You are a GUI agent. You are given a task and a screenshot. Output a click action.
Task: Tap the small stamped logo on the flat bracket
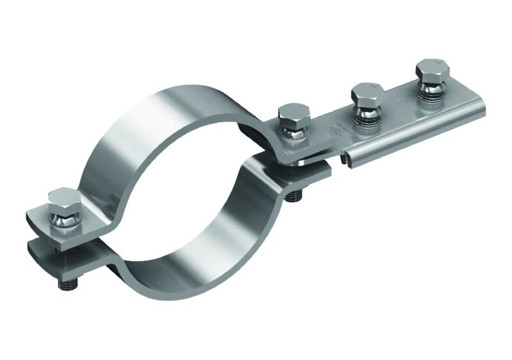(333, 132)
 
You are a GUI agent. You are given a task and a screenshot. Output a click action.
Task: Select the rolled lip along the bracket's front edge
(410, 141)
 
